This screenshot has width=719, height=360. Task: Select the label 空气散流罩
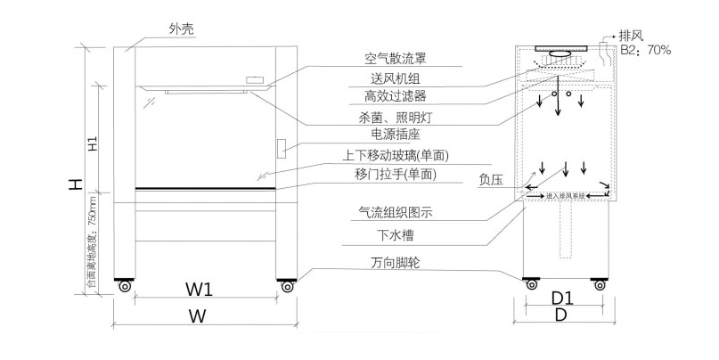click(x=395, y=59)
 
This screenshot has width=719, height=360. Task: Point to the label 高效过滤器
click(x=395, y=96)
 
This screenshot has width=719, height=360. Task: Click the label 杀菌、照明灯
click(x=397, y=118)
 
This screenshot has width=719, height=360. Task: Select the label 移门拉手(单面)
click(x=395, y=175)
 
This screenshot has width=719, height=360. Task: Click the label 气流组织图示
click(x=395, y=214)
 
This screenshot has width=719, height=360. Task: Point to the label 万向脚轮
click(x=395, y=263)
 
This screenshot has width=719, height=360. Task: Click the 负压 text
click(x=491, y=179)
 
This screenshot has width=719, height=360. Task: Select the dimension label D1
click(x=561, y=297)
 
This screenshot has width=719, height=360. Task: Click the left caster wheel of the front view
click(x=123, y=286)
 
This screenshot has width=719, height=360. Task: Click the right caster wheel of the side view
click(x=600, y=284)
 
